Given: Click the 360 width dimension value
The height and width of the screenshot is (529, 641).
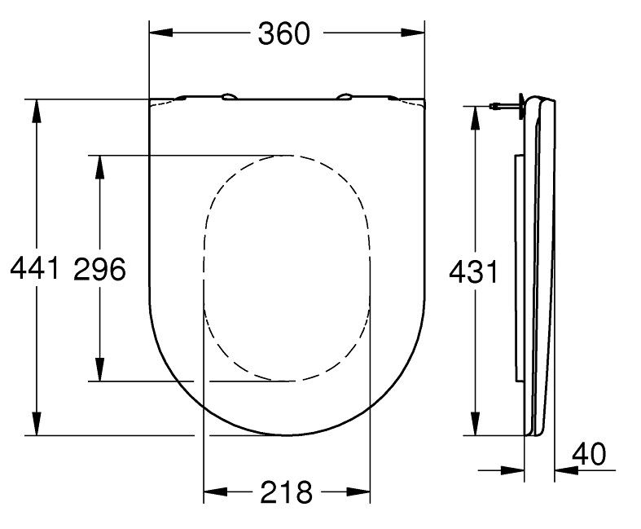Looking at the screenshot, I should click(x=285, y=33).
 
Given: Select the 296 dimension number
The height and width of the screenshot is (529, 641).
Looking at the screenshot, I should click(x=99, y=268).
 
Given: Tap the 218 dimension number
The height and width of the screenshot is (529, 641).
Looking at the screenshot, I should click(x=286, y=492).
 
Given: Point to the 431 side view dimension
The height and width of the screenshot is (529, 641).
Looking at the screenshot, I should click(x=473, y=272).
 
